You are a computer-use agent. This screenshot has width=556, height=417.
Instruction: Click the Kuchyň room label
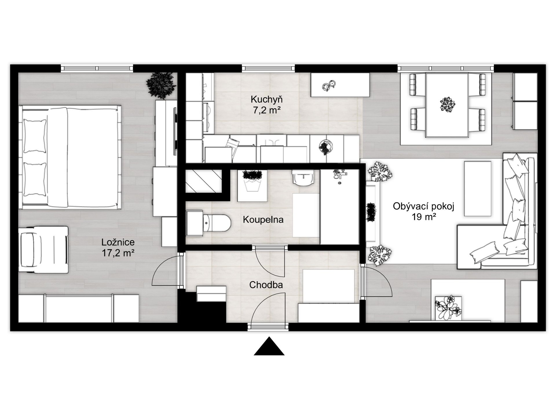point(266,99)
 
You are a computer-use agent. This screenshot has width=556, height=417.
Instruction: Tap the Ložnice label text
point(118,242)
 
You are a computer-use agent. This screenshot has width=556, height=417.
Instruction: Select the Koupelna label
point(263,220)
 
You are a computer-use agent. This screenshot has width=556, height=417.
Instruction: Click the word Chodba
point(266,285)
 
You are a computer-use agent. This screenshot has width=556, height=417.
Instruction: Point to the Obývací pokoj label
point(423,206)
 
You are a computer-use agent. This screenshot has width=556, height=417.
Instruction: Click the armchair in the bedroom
point(43,249)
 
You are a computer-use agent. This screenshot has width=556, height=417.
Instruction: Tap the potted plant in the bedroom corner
point(161,85)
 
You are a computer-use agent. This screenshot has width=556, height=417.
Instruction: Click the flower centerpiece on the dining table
point(447,104)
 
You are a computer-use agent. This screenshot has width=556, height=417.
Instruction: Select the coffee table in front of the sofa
point(478,189)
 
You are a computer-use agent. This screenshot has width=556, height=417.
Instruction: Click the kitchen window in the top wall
point(268,68)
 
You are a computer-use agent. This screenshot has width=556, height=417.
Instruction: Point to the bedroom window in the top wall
point(97,68)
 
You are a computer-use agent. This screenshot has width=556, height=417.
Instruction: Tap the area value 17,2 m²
point(118,253)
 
